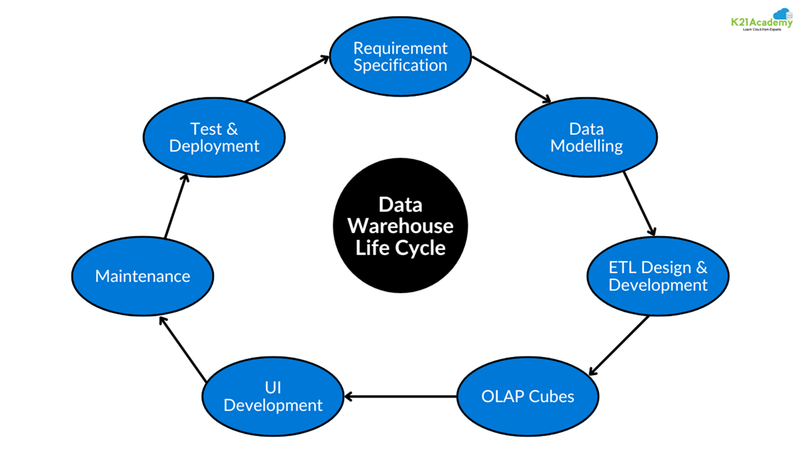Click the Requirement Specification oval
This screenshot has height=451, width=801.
pos(400,57)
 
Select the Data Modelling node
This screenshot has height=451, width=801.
pos(586,138)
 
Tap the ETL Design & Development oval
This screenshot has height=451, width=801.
pos(658,276)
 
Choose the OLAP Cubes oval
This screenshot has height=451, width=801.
pos(528,397)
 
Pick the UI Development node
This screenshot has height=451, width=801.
pos(273,397)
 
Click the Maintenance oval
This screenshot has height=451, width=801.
pos(143,276)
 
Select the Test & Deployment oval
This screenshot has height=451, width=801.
pos(214,138)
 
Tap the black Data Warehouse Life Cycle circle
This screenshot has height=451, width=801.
pos(400,226)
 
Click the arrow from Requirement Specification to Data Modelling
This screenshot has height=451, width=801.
pos(511,80)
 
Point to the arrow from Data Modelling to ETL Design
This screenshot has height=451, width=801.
pos(639,204)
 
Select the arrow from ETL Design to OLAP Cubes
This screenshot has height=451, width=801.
pos(619,345)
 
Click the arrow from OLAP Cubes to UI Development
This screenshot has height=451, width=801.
pos(400,397)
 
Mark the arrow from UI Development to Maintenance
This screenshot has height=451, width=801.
pos(182,349)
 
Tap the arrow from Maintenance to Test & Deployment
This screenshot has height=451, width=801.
pos(176,205)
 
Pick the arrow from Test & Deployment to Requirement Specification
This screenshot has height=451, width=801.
pos(287,78)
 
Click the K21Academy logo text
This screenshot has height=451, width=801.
pos(757,23)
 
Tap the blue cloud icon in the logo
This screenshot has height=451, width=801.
pos(782,14)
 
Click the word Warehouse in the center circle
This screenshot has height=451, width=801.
pos(400,225)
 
